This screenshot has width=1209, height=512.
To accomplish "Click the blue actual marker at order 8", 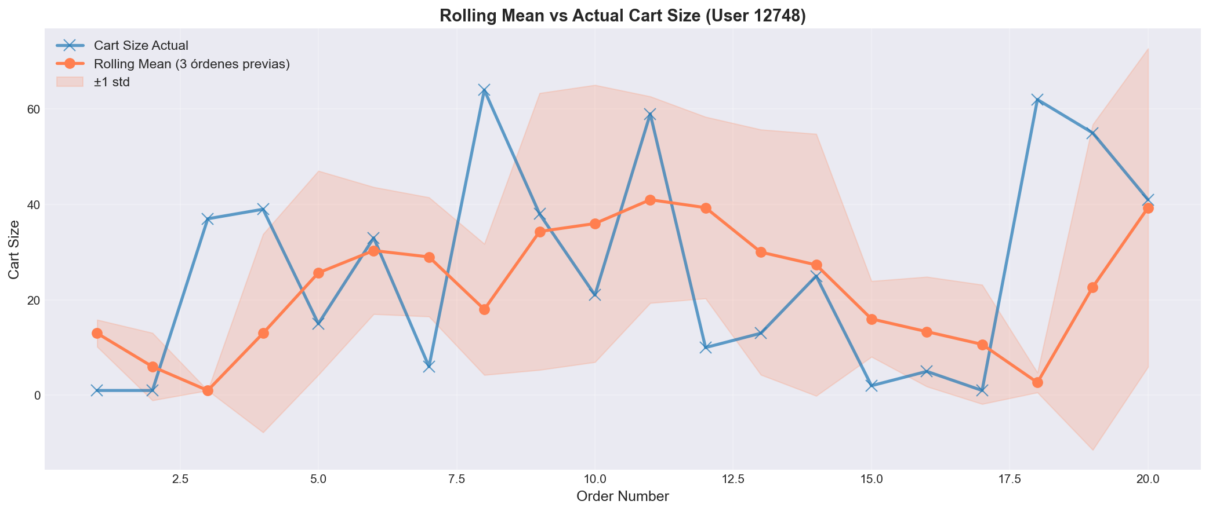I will coord(484,90).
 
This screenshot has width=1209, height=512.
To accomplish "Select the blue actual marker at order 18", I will coord(1037,100).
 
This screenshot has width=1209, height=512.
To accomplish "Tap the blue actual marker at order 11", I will coord(650,114).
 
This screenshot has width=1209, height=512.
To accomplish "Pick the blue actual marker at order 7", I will coord(429,366).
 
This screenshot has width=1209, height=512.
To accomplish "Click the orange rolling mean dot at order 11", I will coord(650,200).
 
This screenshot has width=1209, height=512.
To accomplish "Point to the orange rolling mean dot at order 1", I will coord(97,333).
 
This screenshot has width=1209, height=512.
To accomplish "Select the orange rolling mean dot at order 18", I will coord(1037,382).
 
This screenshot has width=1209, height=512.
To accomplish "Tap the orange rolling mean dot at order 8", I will coord(484,309).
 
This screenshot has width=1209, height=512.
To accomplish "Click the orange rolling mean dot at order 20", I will coord(1148,208).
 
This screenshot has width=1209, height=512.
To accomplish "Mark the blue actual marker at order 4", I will coord(263,209).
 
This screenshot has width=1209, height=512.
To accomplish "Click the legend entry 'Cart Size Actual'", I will coord(141,45).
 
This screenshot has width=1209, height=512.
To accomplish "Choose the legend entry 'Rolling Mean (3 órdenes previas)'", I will coord(191,64).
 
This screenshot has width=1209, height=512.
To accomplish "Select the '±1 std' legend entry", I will coord(111,82).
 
